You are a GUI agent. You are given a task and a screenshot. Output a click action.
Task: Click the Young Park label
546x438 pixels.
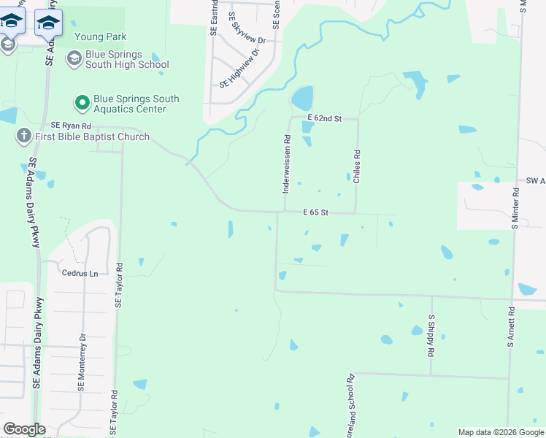pos(101,37)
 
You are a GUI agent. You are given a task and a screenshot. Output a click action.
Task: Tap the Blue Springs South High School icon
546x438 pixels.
pos(74,58)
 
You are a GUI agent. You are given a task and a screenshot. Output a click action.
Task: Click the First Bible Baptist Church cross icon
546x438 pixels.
pos(23,136)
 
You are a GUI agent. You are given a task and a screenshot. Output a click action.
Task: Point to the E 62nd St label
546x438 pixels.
pos(324,118)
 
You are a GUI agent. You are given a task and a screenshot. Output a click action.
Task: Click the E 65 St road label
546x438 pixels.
pos(318,212)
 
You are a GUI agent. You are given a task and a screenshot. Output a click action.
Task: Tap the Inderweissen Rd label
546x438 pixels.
pos(287,163)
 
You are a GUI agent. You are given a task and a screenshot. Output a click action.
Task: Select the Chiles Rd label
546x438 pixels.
pos(357,166)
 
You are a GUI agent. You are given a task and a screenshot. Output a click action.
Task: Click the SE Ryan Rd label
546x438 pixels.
pos(70,126)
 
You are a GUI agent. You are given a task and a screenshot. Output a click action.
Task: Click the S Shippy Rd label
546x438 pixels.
pos(431,335)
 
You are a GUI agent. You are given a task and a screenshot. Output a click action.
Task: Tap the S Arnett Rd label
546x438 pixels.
pos(512,330)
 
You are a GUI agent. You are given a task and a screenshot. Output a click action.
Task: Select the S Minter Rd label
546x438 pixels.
pos(515,208)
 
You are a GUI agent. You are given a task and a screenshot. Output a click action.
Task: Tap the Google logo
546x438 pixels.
pos(24,429)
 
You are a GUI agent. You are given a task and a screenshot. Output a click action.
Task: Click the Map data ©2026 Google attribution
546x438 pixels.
pos(500,432)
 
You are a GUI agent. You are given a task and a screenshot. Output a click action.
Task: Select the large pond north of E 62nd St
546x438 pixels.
pos(302,98)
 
